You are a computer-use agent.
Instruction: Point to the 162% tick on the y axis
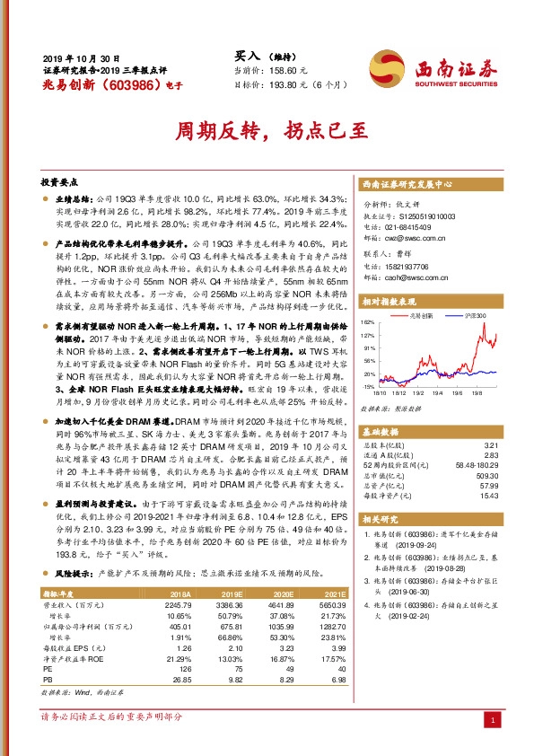[x=367, y=321]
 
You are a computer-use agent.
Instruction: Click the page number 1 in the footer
[x=492, y=720]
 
